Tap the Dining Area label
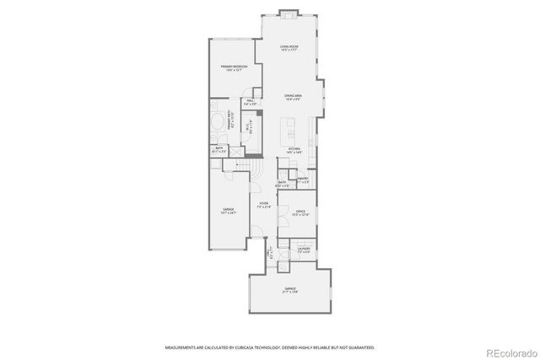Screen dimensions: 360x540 [x=293, y=97]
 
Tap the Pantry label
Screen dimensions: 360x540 [x=303, y=179]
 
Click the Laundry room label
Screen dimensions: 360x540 [x=303, y=249]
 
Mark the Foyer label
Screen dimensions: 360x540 [x=264, y=204]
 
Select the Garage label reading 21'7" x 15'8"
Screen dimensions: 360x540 [x=290, y=290]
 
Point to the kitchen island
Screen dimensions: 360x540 [x=289, y=129]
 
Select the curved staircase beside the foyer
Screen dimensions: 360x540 [x=246, y=169]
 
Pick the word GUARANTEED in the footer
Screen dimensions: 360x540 [x=358, y=347]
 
